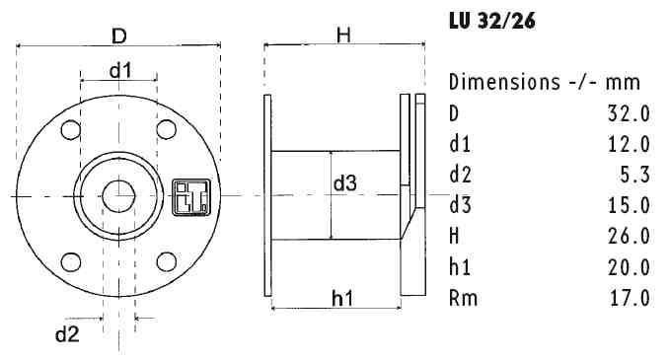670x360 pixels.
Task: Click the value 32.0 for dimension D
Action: pyautogui.click(x=630, y=113)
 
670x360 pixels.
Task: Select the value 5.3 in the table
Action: pyautogui.click(x=637, y=175)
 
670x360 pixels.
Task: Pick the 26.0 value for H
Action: pyautogui.click(x=630, y=237)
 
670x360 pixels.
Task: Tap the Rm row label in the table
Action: pyautogui.click(x=462, y=298)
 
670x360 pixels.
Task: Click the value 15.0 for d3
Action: pyautogui.click(x=630, y=206)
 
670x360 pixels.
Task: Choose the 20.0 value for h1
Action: pyautogui.click(x=630, y=267)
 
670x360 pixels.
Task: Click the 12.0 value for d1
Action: pyautogui.click(x=630, y=144)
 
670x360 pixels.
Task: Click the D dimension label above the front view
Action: pyautogui.click(x=118, y=36)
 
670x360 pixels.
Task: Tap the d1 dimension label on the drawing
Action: pyautogui.click(x=120, y=70)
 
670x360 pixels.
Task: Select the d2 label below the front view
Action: pyautogui.click(x=66, y=332)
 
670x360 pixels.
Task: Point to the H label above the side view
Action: pyautogui.click(x=344, y=36)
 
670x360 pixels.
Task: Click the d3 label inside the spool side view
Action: pyautogui.click(x=344, y=182)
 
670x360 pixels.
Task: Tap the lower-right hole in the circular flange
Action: pyautogui.click(x=167, y=261)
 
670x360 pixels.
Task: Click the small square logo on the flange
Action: pyautogui.click(x=186, y=194)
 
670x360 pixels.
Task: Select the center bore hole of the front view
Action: pyautogui.click(x=119, y=195)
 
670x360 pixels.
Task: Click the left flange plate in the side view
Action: pyautogui.click(x=267, y=195)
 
